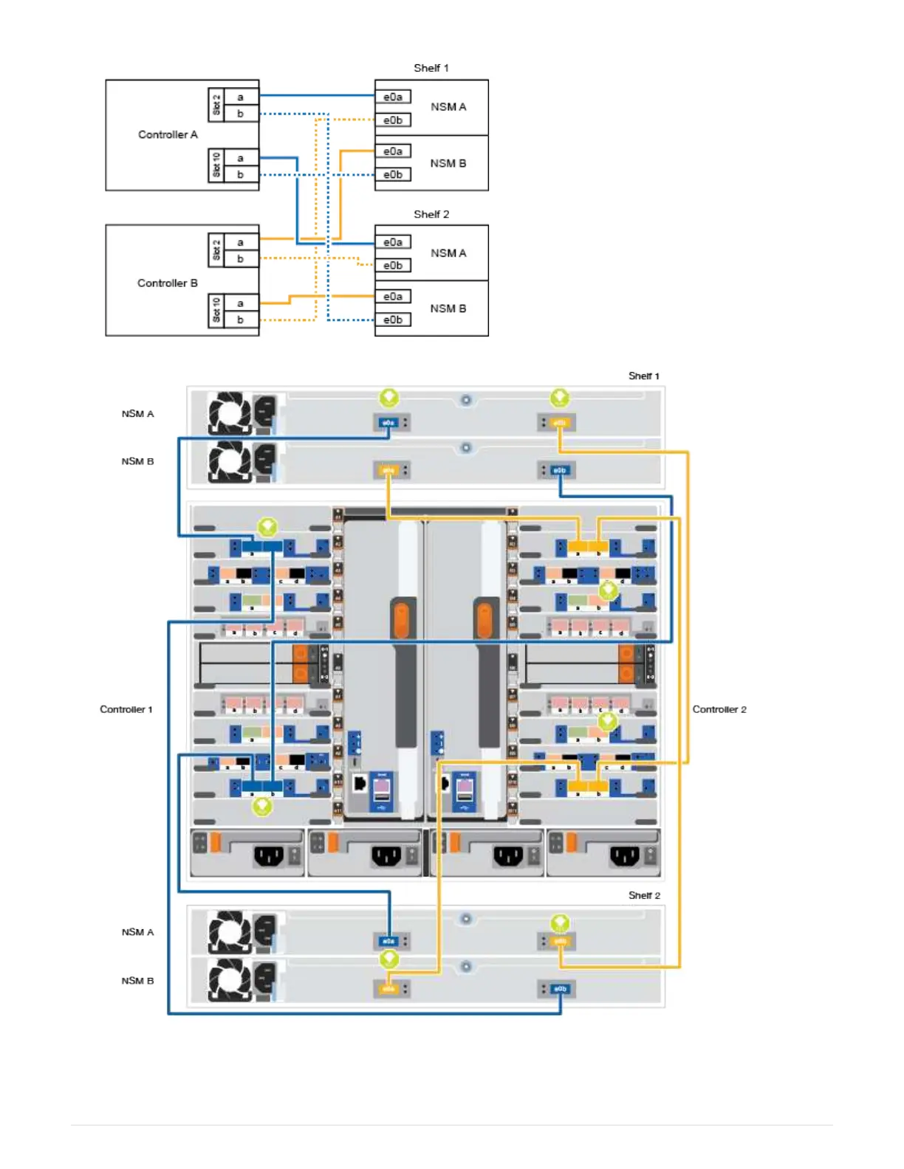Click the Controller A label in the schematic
168,134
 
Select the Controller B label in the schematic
168,283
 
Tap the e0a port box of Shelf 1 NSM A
393,97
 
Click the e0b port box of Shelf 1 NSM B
393,174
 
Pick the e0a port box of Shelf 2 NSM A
393,242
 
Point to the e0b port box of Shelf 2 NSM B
393,320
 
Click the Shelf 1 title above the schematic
431,68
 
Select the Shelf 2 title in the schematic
431,214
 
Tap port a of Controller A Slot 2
240,97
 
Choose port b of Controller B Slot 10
240,320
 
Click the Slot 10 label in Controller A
216,165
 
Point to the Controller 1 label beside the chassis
126,709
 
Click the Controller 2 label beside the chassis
719,709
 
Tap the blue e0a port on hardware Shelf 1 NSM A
388,423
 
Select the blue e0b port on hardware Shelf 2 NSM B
560,989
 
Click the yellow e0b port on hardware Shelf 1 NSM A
560,423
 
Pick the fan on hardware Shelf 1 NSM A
230,413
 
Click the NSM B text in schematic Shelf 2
448,308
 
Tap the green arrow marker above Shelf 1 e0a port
389,399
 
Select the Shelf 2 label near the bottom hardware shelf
644,895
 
